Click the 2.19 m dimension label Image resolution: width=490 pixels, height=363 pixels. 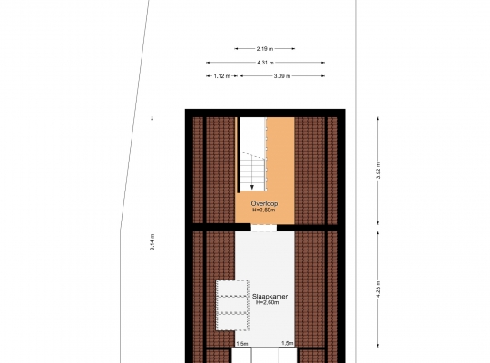pyautogui.click(x=265, y=49)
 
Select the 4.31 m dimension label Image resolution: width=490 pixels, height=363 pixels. pyautogui.click(x=265, y=63)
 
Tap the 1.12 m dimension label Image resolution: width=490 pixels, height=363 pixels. pyautogui.click(x=222, y=76)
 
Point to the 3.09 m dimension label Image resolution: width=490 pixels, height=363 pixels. pyautogui.click(x=282, y=76)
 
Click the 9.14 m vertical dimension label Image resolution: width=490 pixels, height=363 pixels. pyautogui.click(x=152, y=242)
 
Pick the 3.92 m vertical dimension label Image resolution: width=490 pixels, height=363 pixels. pyautogui.click(x=378, y=171)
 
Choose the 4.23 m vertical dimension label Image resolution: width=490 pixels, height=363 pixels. pyautogui.click(x=378, y=289)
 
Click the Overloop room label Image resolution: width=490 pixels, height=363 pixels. pyautogui.click(x=264, y=204)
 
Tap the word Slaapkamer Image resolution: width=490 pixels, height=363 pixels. pyautogui.click(x=270, y=297)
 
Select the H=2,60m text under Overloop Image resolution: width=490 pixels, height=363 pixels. pyautogui.click(x=264, y=210)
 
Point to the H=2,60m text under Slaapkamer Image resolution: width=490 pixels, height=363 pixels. pyautogui.click(x=268, y=303)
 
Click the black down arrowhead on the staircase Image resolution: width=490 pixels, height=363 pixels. pyautogui.click(x=252, y=187)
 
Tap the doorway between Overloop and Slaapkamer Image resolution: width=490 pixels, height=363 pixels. pyautogui.click(x=264, y=228)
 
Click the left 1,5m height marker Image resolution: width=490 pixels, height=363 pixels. pyautogui.click(x=242, y=344)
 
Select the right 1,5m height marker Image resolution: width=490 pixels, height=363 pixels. pyautogui.click(x=288, y=343)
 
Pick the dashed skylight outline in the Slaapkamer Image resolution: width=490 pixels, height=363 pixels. pyautogui.click(x=232, y=305)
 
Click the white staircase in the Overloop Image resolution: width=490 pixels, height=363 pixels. pyautogui.click(x=253, y=154)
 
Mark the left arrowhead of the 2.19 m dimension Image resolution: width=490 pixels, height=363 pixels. pyautogui.click(x=236, y=49)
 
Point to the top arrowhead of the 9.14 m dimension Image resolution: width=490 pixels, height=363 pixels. pyautogui.click(x=152, y=119)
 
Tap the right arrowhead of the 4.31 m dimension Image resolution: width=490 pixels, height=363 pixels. pyautogui.click(x=323, y=63)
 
